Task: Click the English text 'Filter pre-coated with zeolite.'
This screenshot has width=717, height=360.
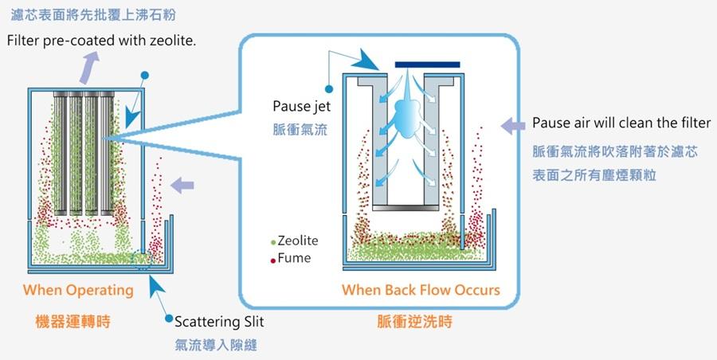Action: click(x=102, y=40)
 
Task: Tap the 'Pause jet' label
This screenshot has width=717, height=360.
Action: click(x=296, y=107)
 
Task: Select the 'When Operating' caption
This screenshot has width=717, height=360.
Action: click(x=78, y=290)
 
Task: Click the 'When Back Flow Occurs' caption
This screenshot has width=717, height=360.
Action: click(x=421, y=290)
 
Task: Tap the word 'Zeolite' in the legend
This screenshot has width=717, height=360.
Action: click(x=298, y=240)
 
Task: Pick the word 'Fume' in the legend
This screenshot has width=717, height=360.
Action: click(x=294, y=258)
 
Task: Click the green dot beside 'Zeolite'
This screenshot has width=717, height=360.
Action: click(x=273, y=241)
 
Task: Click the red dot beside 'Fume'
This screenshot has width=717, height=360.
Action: click(x=273, y=259)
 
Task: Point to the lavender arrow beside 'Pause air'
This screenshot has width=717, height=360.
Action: click(x=509, y=123)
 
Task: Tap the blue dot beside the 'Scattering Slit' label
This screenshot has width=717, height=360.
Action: click(x=168, y=321)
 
